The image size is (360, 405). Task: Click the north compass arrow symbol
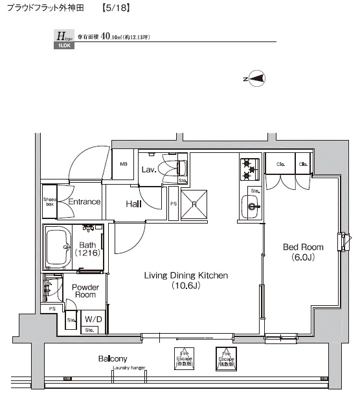256,80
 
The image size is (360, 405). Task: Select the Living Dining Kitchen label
185,280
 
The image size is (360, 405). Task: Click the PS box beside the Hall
173,203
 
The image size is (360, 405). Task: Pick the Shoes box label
49,202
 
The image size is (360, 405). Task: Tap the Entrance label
84,202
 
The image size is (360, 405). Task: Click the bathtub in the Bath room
62,247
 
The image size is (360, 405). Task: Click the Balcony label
113,358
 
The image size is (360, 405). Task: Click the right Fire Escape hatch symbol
225,358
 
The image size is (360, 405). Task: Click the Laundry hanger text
129,367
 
